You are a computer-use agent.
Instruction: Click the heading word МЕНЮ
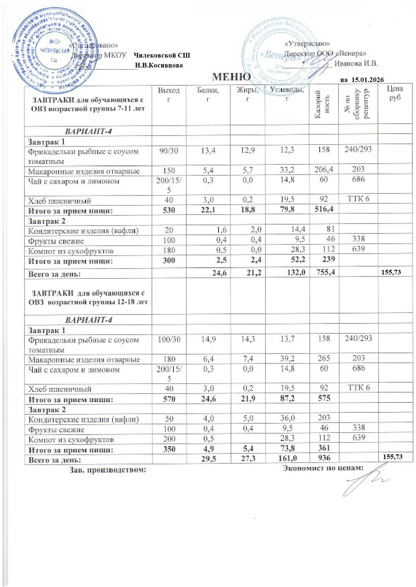pyautogui.click(x=232, y=77)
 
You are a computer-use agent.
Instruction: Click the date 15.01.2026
pyautogui.click(x=368, y=80)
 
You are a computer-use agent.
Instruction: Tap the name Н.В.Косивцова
pyautogui.click(x=159, y=65)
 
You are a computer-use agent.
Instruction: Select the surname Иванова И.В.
pyautogui.click(x=356, y=63)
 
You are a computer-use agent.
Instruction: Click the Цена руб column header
pyautogui.click(x=394, y=93)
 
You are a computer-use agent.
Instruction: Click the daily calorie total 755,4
pyautogui.click(x=323, y=272)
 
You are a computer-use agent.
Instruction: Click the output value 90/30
pyautogui.click(x=169, y=150)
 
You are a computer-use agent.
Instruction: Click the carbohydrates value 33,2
pyautogui.click(x=287, y=170)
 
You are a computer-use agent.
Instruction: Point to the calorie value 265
pyautogui.click(x=323, y=358)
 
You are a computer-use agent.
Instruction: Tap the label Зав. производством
pyautogui.click(x=108, y=469)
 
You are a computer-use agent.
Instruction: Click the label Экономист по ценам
pyautogui.click(x=323, y=468)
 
